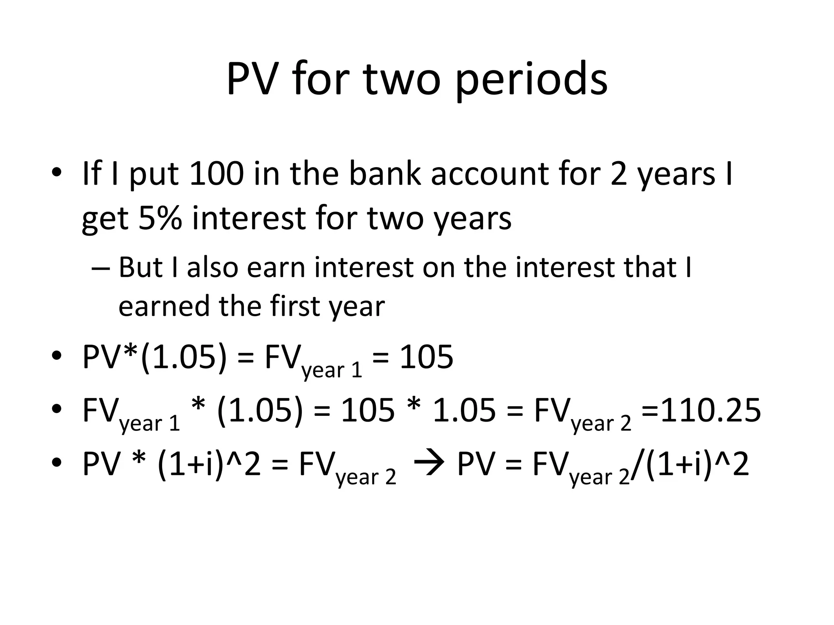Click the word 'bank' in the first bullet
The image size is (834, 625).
[384, 174]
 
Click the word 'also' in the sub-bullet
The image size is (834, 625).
[212, 268]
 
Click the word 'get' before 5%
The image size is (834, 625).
[104, 219]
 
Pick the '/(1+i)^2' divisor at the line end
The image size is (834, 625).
[690, 464]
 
